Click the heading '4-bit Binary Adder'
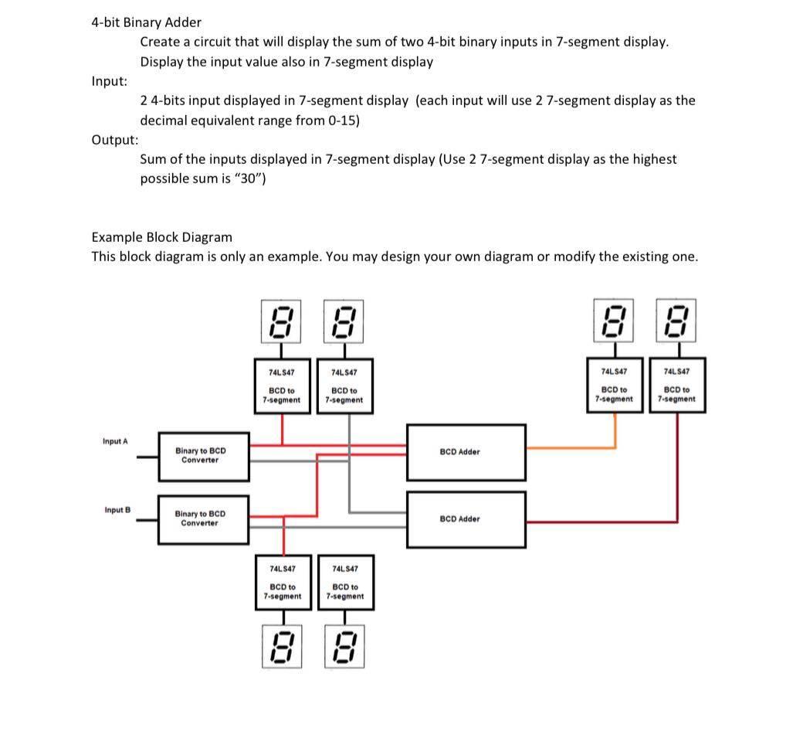pyautogui.click(x=146, y=22)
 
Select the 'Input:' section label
pyautogui.click(x=110, y=81)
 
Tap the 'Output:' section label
pyautogui.click(x=115, y=140)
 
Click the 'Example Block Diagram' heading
pyautogui.click(x=161, y=237)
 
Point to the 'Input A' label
pyautogui.click(x=115, y=441)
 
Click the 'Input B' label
pyautogui.click(x=117, y=510)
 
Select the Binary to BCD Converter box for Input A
pyautogui.click(x=204, y=456)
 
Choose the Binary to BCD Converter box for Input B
pyautogui.click(x=204, y=518)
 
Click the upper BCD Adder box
pyautogui.click(x=466, y=451)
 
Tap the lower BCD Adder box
pyautogui.click(x=466, y=518)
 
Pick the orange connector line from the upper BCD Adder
pyautogui.click(x=571, y=447)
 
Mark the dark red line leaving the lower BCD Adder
pyautogui.click(x=602, y=522)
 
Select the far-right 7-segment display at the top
pyautogui.click(x=677, y=321)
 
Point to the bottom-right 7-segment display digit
pyautogui.click(x=344, y=648)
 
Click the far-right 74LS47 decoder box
pyautogui.click(x=677, y=384)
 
